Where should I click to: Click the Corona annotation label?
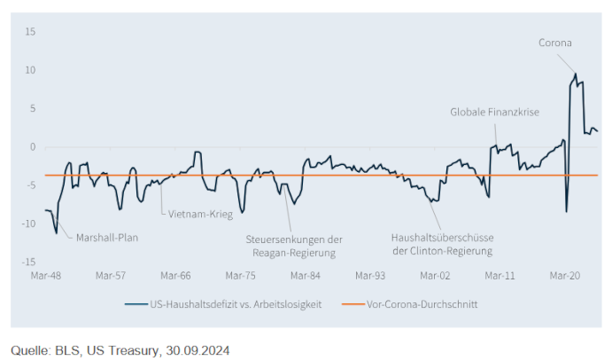tap(556, 42)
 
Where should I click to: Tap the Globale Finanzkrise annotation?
tap(494, 112)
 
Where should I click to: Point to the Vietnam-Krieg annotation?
tap(195, 212)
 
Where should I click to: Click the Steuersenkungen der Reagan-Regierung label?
tap(293, 246)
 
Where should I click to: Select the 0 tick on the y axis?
tap(32, 147)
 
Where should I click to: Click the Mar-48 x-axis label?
tap(45, 276)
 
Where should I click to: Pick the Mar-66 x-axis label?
tap(175, 276)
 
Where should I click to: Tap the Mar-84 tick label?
tap(306, 276)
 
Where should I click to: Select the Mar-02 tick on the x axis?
tap(435, 276)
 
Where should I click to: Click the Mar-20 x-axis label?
tap(565, 276)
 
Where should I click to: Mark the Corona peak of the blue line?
tap(576, 74)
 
